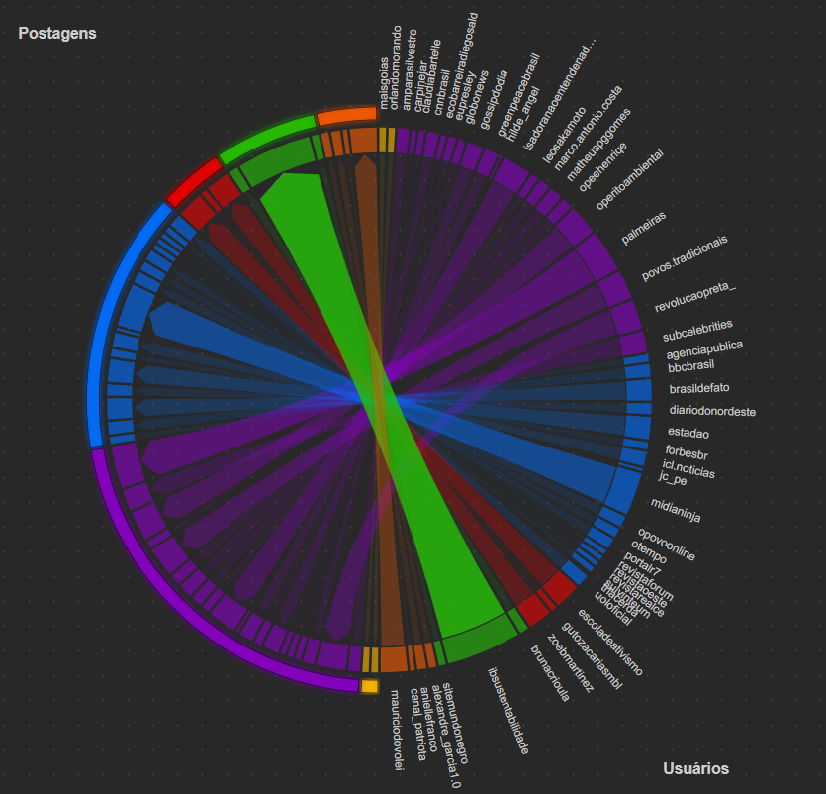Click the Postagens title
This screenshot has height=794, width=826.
pos(57,33)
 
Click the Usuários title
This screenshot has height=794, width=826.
pos(695,768)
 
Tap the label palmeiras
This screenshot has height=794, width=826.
pos(643,227)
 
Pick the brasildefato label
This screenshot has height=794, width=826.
pos(699,388)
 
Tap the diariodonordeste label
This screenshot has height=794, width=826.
pos(712,411)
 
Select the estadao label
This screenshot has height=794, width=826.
pos(688,433)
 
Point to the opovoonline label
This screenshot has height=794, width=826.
pos(666,545)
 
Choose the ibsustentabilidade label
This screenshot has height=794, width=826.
pos(508,710)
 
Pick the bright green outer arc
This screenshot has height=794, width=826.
pos(264,138)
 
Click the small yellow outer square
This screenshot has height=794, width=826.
pos(369,685)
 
